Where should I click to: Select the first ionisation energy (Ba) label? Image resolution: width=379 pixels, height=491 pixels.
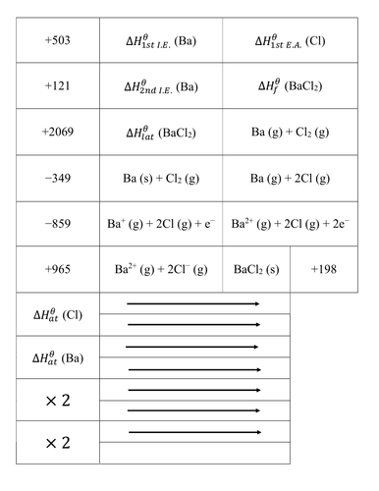coord(162,42)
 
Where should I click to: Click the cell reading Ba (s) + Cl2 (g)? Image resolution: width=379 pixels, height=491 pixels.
coord(162,178)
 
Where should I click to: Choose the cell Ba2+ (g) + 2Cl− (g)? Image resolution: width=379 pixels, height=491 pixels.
coord(162,268)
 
